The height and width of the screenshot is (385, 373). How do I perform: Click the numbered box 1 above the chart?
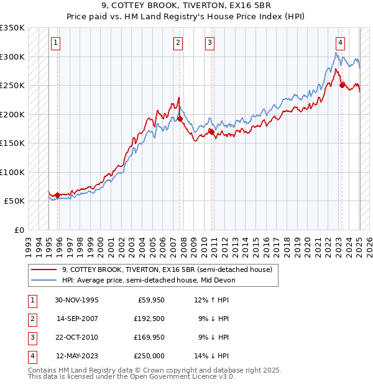56,42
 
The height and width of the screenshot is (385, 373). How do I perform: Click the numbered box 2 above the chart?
178,42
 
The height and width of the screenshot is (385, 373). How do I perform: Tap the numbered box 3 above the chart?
210,42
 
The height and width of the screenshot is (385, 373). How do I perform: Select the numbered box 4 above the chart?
341,42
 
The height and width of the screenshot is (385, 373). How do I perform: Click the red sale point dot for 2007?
180,119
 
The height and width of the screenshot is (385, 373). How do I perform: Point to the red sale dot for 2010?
211,132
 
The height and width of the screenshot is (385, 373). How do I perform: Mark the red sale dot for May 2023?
343,85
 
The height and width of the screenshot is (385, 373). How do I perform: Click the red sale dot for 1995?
58,195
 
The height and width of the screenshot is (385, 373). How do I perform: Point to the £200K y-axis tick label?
12,114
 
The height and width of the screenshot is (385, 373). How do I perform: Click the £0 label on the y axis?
19,230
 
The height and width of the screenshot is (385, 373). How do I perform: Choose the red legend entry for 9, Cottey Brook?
167,269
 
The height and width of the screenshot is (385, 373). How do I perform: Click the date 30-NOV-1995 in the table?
77,299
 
